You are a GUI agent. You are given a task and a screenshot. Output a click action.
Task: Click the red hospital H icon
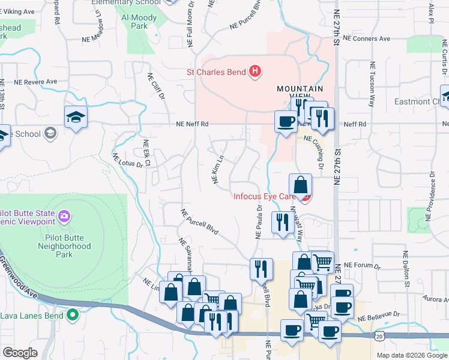pyautogui.click(x=255, y=72)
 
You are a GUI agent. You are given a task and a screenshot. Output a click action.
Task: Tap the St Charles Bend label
pyautogui.click(x=216, y=73)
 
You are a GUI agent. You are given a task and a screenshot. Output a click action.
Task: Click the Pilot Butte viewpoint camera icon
pyautogui.click(x=64, y=215)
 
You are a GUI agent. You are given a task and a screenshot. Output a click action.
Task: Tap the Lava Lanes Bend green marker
pyautogui.click(x=73, y=314)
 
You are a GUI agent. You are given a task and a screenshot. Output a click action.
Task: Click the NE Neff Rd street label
pyautogui.click(x=192, y=124)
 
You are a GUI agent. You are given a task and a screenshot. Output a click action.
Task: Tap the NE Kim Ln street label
pyautogui.click(x=217, y=170)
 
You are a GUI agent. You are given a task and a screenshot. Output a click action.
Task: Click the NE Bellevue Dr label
pyautogui.click(x=380, y=314)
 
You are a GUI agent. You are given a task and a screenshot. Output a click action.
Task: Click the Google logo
pyautogui.click(x=20, y=353)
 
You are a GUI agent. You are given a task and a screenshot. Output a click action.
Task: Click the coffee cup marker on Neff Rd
pyautogui.click(x=285, y=121)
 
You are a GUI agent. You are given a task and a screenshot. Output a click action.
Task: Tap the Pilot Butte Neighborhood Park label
pyautogui.click(x=64, y=246)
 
